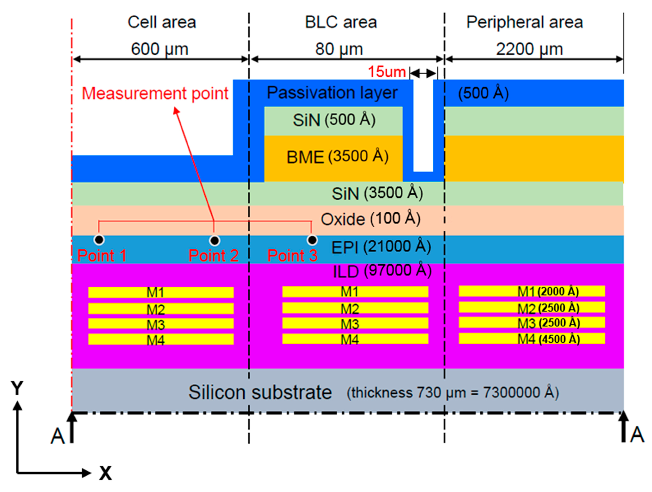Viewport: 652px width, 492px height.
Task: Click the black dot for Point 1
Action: click(99, 240)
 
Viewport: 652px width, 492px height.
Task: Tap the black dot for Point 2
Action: click(214, 241)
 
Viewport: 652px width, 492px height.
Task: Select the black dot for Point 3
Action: click(312, 240)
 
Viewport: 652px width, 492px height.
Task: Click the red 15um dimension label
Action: click(387, 72)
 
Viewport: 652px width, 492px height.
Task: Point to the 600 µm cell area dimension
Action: click(160, 49)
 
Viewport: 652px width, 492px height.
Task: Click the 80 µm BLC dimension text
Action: click(339, 49)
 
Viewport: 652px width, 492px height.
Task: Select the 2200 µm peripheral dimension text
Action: click(529, 49)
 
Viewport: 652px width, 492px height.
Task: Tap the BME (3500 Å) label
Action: click(337, 157)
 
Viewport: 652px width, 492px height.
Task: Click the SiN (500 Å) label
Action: click(334, 120)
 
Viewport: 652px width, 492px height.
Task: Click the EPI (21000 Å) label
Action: click(381, 247)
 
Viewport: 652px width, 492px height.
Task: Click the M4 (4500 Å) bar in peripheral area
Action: click(532, 339)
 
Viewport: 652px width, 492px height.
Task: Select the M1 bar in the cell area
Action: click(161, 293)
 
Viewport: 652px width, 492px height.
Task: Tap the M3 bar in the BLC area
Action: click(355, 323)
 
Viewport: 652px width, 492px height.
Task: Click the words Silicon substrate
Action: click(260, 393)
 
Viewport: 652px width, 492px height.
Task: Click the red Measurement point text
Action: click(155, 94)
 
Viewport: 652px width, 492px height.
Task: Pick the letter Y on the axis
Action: click(17, 388)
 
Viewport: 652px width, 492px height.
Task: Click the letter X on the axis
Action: click(105, 473)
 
